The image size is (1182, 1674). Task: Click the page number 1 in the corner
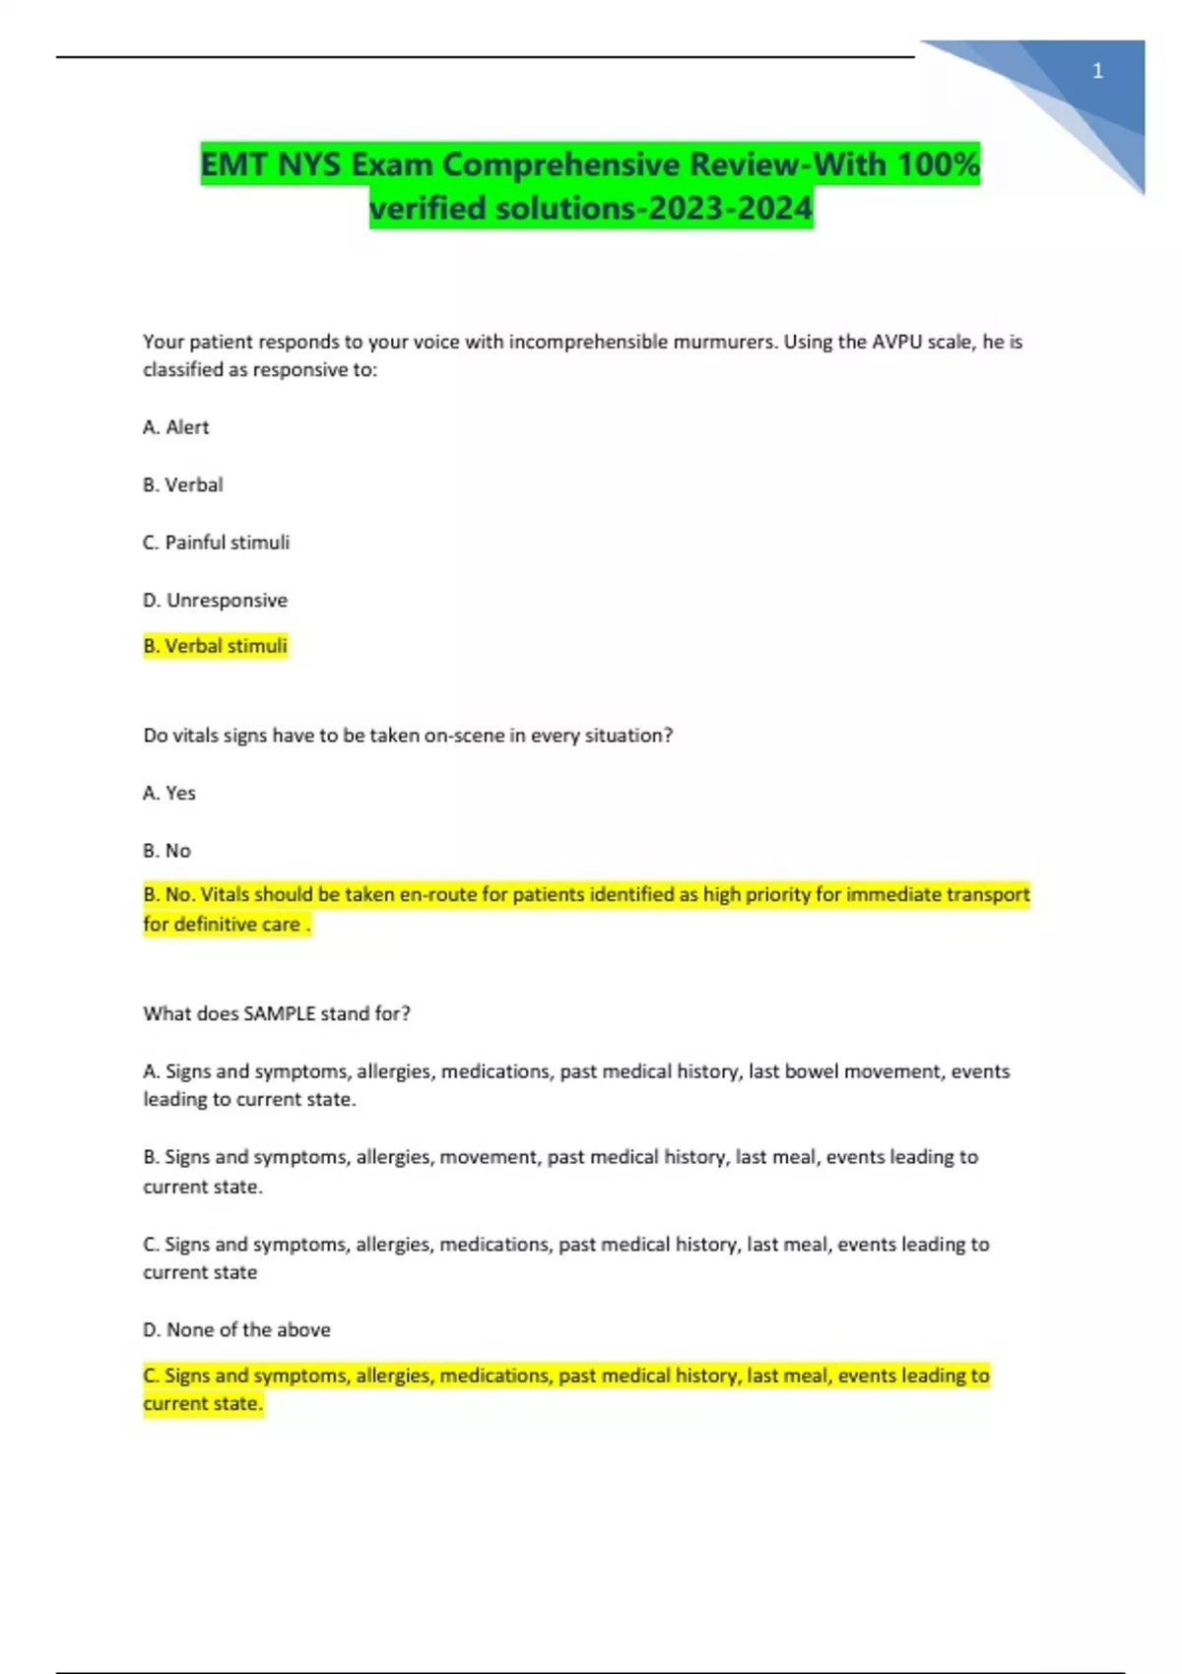click(1097, 71)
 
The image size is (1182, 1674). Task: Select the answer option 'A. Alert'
click(176, 427)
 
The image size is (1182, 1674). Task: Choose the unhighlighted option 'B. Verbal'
click(183, 484)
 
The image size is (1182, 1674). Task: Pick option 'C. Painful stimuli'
click(217, 543)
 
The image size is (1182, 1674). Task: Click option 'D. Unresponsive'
click(216, 600)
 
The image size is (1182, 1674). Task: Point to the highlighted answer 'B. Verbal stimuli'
click(216, 646)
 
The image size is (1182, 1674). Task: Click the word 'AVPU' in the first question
click(897, 342)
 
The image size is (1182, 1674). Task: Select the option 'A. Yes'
click(169, 793)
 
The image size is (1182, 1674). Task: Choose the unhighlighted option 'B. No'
click(167, 851)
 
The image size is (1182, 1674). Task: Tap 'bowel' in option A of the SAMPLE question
click(811, 1071)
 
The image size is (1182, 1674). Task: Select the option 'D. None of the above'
click(236, 1330)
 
